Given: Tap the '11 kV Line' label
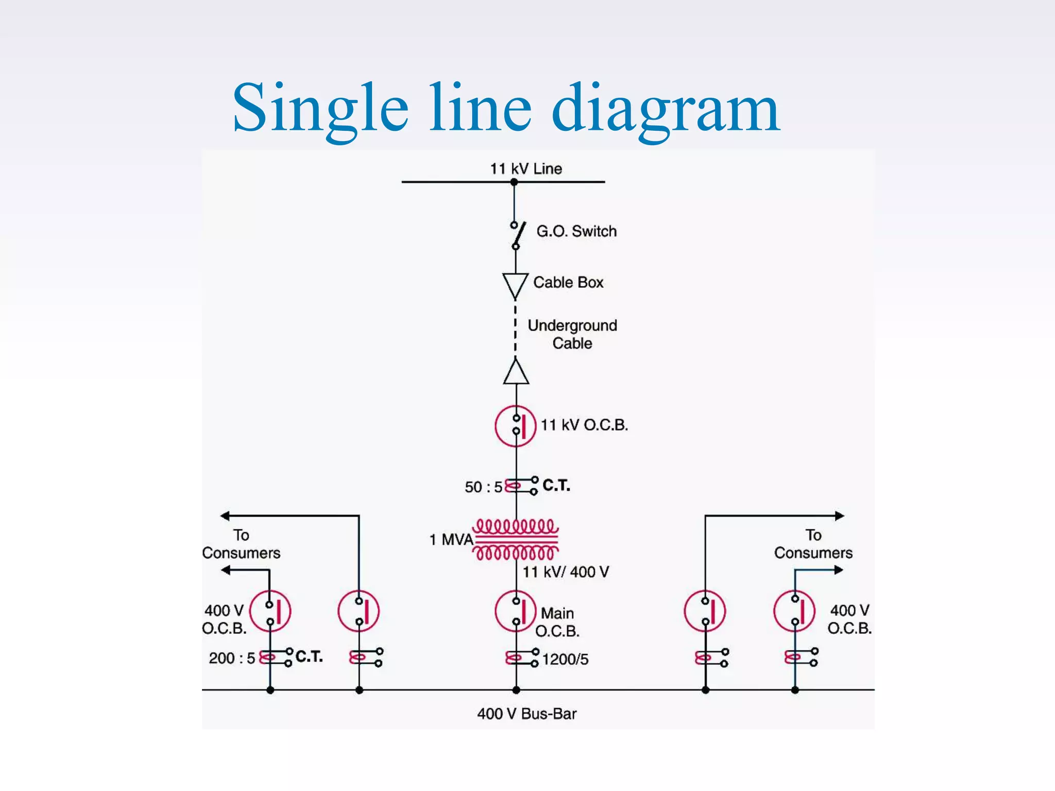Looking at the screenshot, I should pyautogui.click(x=525, y=169).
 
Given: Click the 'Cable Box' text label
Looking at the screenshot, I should pyautogui.click(x=568, y=282).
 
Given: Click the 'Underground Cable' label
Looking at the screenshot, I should pyautogui.click(x=572, y=334).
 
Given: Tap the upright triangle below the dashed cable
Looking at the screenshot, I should pyautogui.click(x=516, y=372).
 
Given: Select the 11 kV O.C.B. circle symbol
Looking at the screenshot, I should pyautogui.click(x=516, y=426).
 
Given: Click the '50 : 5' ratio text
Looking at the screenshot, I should pyautogui.click(x=483, y=487).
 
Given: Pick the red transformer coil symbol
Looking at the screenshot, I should pyautogui.click(x=516, y=539).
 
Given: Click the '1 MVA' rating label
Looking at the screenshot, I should pyautogui.click(x=451, y=540).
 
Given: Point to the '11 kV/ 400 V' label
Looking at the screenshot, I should pyautogui.click(x=566, y=572).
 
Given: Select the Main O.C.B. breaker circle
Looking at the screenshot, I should pyautogui.click(x=516, y=611).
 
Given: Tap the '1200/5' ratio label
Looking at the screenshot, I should pyautogui.click(x=565, y=660).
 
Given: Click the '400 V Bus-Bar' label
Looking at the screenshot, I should pyautogui.click(x=526, y=714).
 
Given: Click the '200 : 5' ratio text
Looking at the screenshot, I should pyautogui.click(x=232, y=658).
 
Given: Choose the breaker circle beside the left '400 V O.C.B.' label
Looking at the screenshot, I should pyautogui.click(x=270, y=611).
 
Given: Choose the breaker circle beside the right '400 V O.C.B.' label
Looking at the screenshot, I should pyautogui.click(x=794, y=611).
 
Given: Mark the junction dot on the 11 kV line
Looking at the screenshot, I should pyautogui.click(x=514, y=182).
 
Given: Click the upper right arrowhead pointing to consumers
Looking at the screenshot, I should pyautogui.click(x=839, y=515).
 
